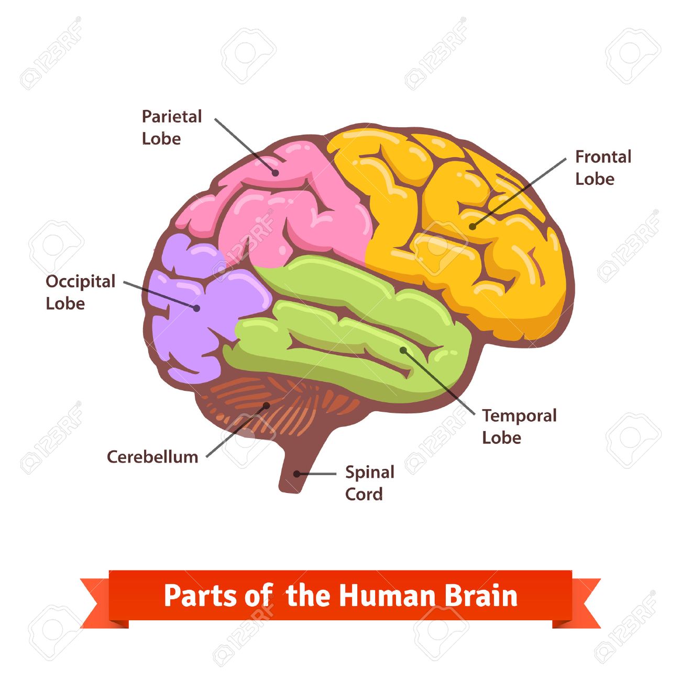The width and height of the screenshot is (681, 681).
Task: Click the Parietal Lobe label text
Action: pos(171,127)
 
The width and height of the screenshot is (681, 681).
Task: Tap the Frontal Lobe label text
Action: pos(603,168)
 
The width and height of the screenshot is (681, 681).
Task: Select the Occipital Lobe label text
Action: pos(80,292)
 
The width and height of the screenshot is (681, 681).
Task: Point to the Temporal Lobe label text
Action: pos(519,426)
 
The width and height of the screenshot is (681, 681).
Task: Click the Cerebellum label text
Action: pos(152,457)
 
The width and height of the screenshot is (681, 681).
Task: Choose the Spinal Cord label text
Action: pos(369,483)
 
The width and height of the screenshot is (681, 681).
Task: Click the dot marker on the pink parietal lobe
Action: pos(274,172)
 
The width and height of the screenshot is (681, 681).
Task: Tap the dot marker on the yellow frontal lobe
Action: pos(472,226)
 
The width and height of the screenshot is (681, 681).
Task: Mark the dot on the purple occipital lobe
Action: pos(196,308)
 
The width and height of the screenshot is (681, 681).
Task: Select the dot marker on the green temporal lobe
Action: pos(403,349)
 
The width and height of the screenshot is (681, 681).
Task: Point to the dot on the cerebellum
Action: pos(266,405)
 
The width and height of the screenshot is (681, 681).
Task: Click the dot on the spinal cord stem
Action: pos(296,474)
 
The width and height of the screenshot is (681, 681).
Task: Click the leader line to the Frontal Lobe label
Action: pos(519,192)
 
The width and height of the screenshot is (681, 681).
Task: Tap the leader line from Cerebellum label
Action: pos(236,431)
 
